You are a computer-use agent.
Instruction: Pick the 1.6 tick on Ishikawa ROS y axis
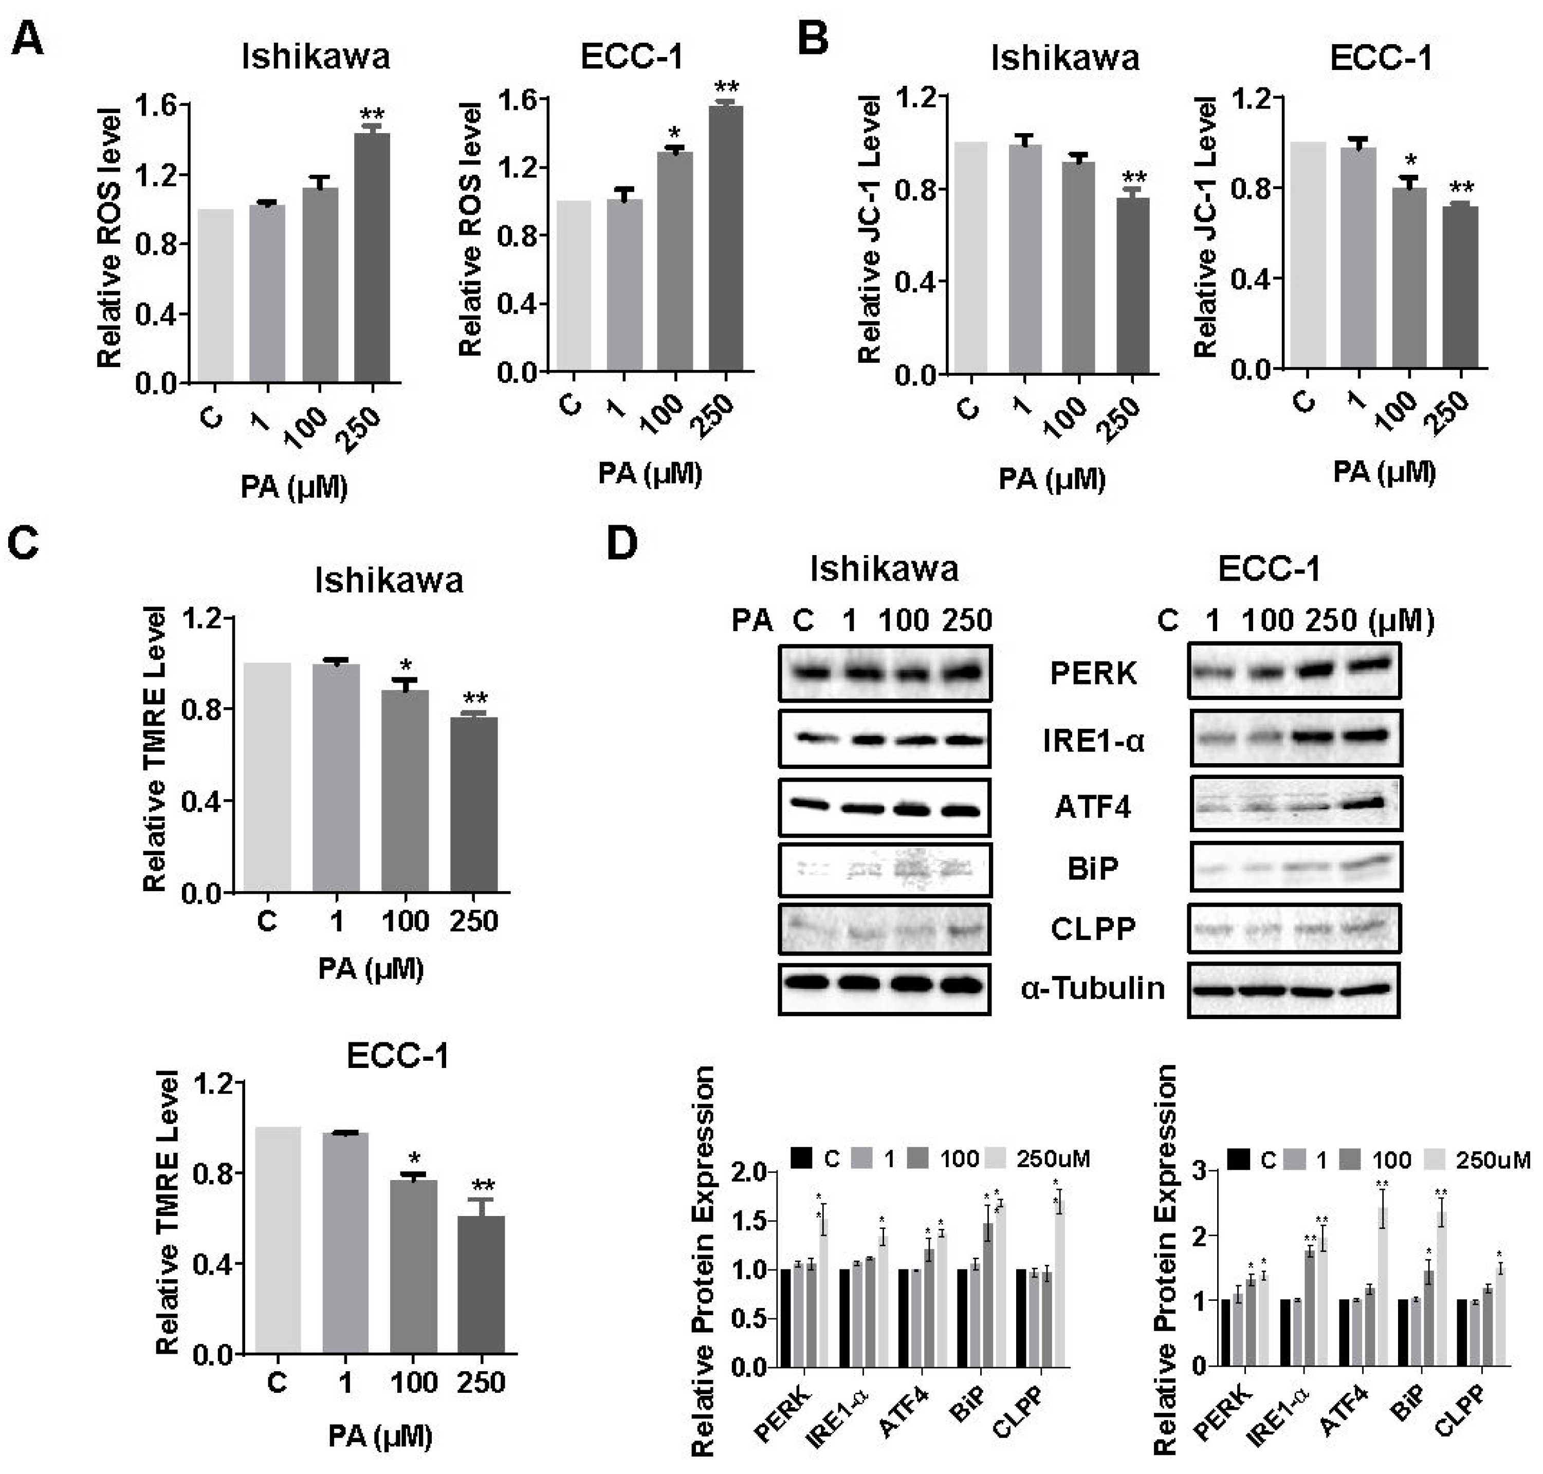157,104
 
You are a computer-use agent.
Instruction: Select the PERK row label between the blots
1093,673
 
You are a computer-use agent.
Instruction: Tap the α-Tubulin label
1093,988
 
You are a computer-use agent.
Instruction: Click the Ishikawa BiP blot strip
885,870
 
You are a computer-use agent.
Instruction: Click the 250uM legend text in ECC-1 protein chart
1493,1159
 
